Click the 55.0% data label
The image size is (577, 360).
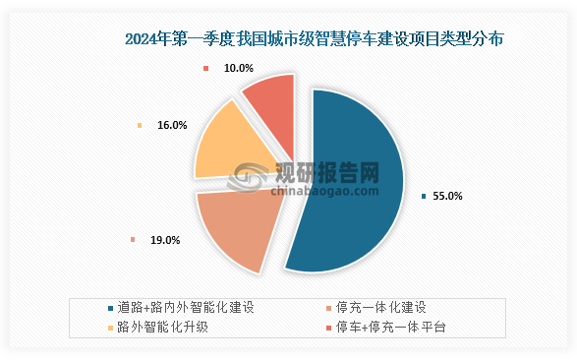tap(447, 196)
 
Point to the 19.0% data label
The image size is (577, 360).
tap(164, 240)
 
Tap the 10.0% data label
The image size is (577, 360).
tap(238, 69)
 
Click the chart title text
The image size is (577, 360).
tap(315, 39)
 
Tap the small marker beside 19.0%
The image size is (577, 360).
tap(133, 240)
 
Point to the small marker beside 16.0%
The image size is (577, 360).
tap(141, 126)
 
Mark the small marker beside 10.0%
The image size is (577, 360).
tap(206, 69)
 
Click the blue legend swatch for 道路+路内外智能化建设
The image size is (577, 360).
tap(108, 307)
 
